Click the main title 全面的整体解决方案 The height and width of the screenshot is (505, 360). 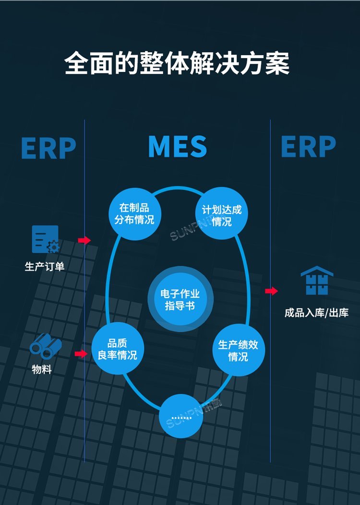(177, 63)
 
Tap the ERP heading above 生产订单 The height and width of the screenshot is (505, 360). (48, 148)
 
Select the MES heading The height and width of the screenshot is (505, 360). (178, 147)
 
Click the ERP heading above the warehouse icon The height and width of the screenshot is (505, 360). (309, 147)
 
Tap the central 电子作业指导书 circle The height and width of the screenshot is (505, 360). (180, 299)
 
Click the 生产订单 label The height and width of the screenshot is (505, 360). (45, 266)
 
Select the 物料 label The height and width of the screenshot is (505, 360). (42, 370)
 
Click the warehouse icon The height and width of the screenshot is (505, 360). (317, 281)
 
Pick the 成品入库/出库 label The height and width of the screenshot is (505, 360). (316, 313)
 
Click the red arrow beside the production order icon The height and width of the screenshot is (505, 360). (84, 240)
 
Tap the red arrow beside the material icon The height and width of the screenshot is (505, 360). (81, 354)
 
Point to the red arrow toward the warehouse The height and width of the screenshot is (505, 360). (272, 291)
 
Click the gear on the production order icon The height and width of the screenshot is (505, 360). (53, 247)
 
